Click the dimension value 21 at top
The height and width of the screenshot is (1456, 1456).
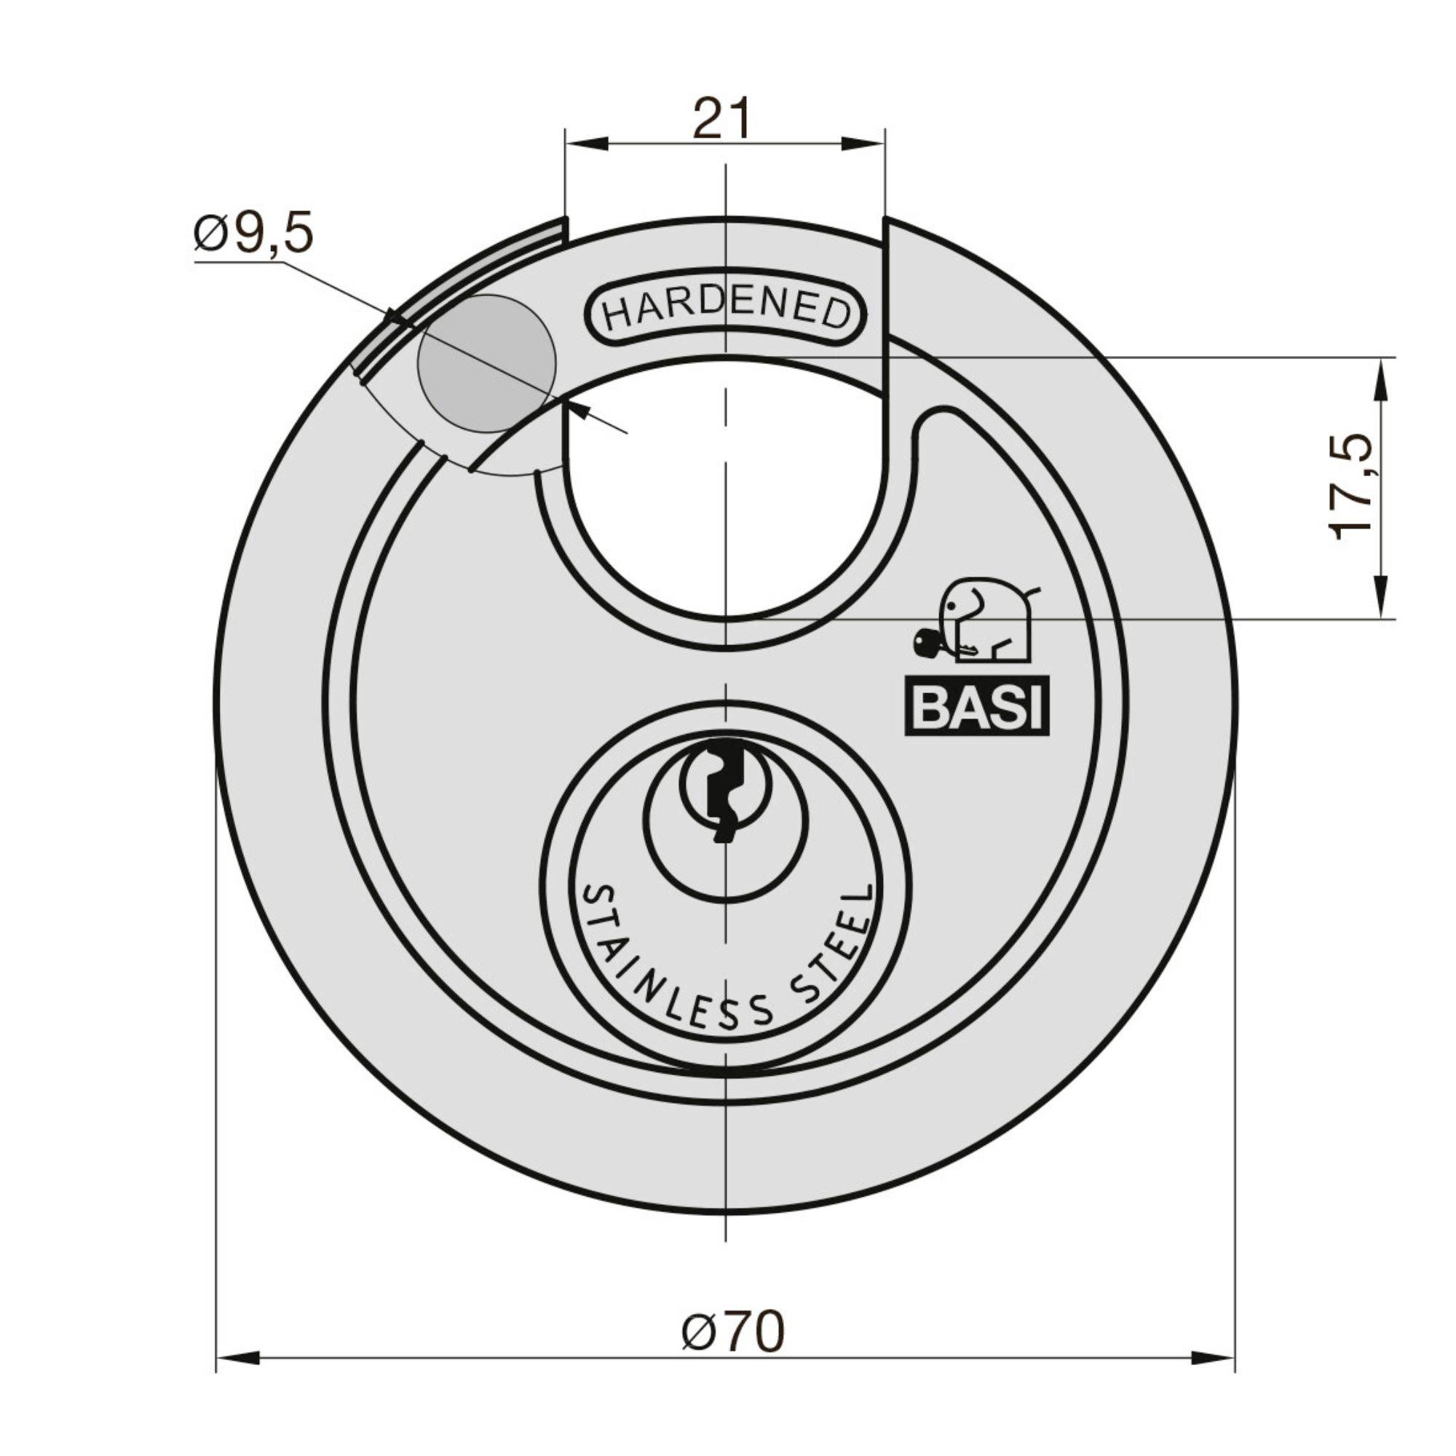click(x=722, y=119)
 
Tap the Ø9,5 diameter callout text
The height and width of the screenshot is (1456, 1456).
click(x=253, y=234)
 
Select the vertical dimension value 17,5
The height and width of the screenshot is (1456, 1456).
click(x=1351, y=486)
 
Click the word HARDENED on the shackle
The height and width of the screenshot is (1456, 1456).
click(x=726, y=312)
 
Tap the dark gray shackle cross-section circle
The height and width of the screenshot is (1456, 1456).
click(x=486, y=363)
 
